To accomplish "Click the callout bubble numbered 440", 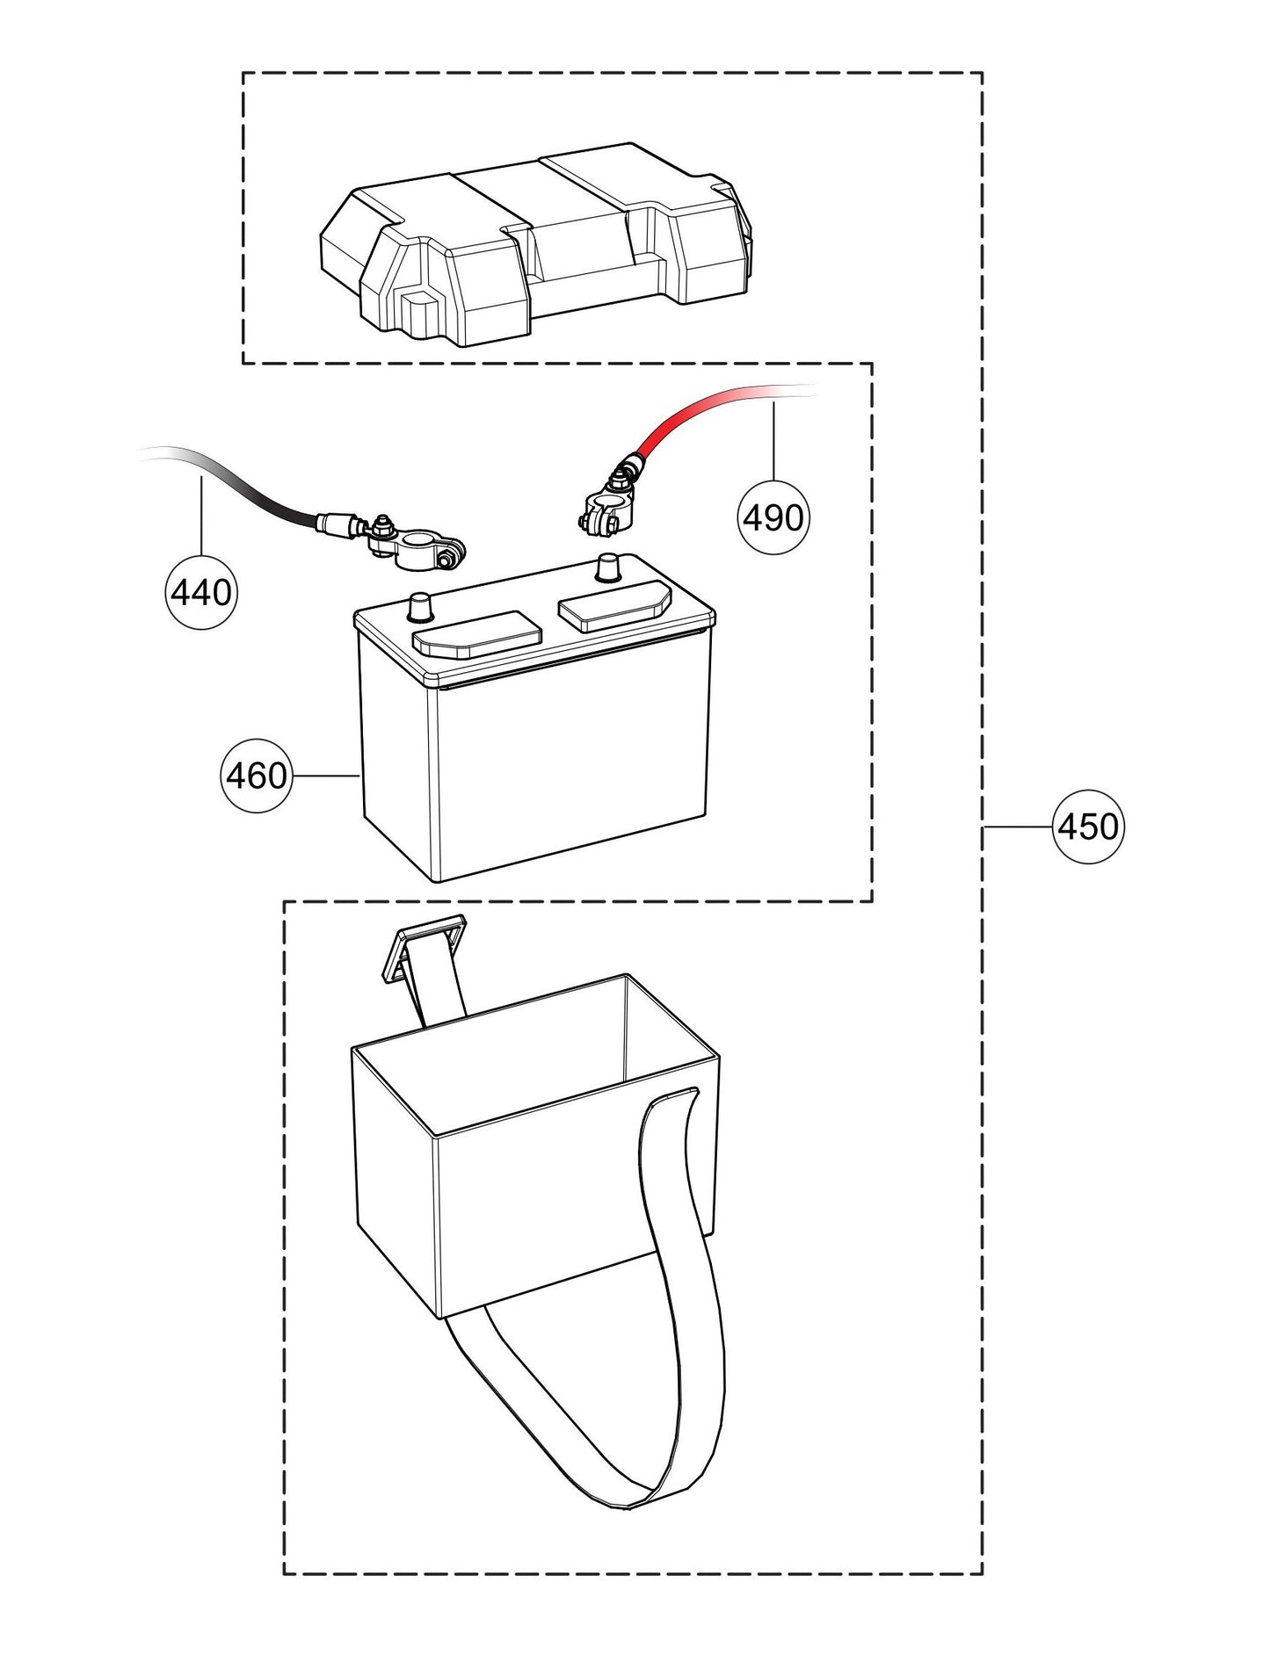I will [201, 593].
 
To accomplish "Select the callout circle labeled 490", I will [773, 518].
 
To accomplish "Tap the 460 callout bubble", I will [256, 776].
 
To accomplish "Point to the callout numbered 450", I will [1088, 827].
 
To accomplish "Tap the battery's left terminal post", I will [421, 605].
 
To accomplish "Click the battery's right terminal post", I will [607, 567].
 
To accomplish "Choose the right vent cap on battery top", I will [615, 604].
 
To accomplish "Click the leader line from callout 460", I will [325, 776].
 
